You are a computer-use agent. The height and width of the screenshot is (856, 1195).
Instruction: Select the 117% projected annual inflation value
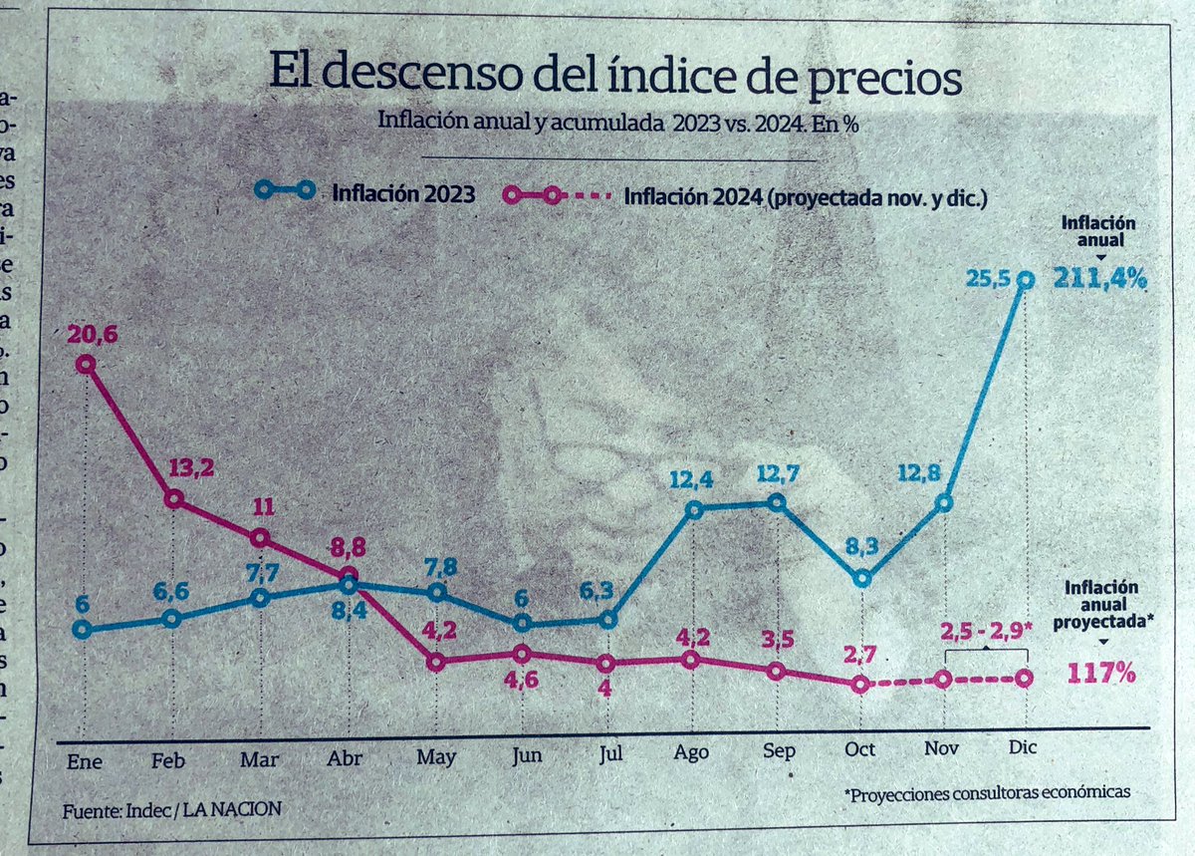coord(1101,674)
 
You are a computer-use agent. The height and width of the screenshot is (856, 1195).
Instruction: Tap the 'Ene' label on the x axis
coord(84,760)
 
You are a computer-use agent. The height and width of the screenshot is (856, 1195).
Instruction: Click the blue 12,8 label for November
coord(939,473)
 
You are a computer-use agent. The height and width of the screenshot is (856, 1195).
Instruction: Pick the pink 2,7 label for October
coord(859,655)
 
